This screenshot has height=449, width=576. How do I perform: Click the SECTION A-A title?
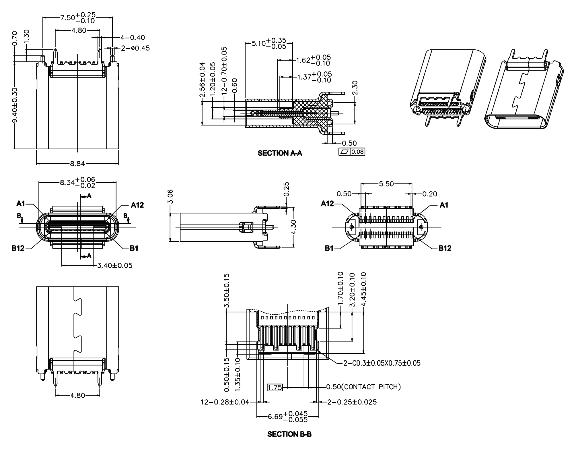pos(280,153)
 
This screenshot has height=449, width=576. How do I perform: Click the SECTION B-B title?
pos(289,434)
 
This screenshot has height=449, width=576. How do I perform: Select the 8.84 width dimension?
pos(77,164)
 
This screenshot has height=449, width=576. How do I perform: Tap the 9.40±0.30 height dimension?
pos(15,105)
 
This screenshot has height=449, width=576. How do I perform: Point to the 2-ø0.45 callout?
pos(135,48)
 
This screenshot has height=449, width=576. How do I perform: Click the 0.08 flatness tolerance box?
pos(357,152)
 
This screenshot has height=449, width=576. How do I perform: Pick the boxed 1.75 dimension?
pos(275,388)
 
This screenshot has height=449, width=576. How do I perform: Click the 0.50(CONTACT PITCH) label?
pos(363,387)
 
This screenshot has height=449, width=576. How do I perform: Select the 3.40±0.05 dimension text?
pos(115,266)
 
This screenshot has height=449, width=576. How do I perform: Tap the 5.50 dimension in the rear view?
pos(386,184)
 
